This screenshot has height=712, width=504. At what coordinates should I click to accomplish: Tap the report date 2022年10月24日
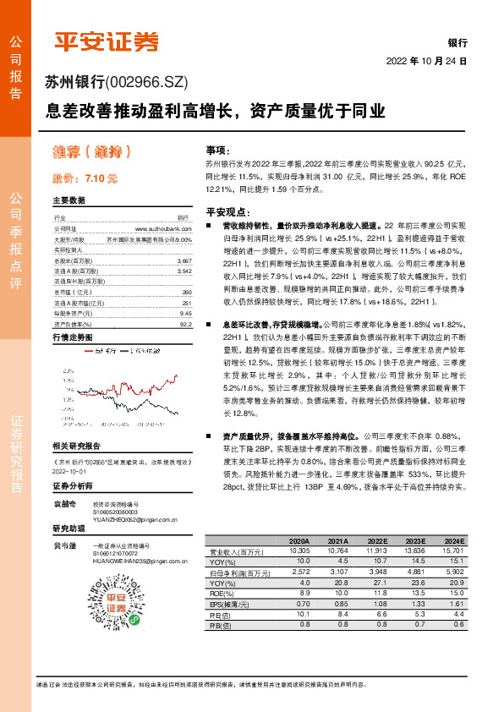coord(426,62)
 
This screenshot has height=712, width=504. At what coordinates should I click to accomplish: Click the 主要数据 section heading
coord(69,201)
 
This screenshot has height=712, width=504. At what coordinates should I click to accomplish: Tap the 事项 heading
coord(217,149)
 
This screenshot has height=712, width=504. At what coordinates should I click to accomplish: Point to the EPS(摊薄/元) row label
coord(228,604)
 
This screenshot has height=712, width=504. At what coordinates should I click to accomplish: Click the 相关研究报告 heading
coord(76,445)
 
